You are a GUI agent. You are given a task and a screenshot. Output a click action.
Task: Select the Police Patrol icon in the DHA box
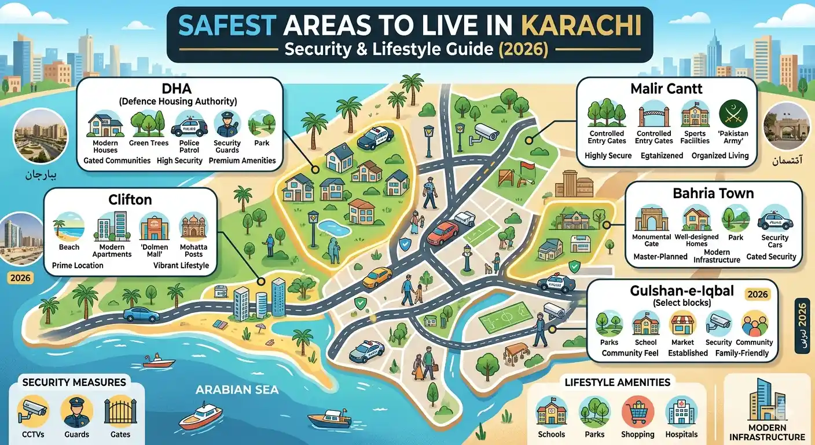pyautogui.click(x=189, y=123)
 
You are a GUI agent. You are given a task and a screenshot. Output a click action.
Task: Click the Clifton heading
pyautogui.click(x=130, y=200)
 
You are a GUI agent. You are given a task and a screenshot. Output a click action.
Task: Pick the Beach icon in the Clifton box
pyautogui.click(x=69, y=227)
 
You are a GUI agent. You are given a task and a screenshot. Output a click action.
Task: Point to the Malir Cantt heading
pyautogui.click(x=666, y=89)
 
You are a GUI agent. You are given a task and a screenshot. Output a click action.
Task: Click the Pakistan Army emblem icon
pyautogui.click(x=733, y=114)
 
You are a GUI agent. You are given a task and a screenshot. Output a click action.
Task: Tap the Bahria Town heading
pyautogui.click(x=713, y=193)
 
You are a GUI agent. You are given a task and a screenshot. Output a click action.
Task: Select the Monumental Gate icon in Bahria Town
pyautogui.click(x=651, y=218)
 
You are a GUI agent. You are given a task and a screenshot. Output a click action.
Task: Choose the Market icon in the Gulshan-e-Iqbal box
pyautogui.click(x=682, y=323)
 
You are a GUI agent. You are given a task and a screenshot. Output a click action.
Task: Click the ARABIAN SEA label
pyautogui.click(x=237, y=390)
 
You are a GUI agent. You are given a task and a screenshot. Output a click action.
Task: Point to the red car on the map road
pyautogui.click(x=443, y=232)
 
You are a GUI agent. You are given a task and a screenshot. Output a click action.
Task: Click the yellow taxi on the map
pyautogui.click(x=377, y=277)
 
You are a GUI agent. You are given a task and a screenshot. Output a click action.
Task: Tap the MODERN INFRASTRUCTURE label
pyautogui.click(x=767, y=432)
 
